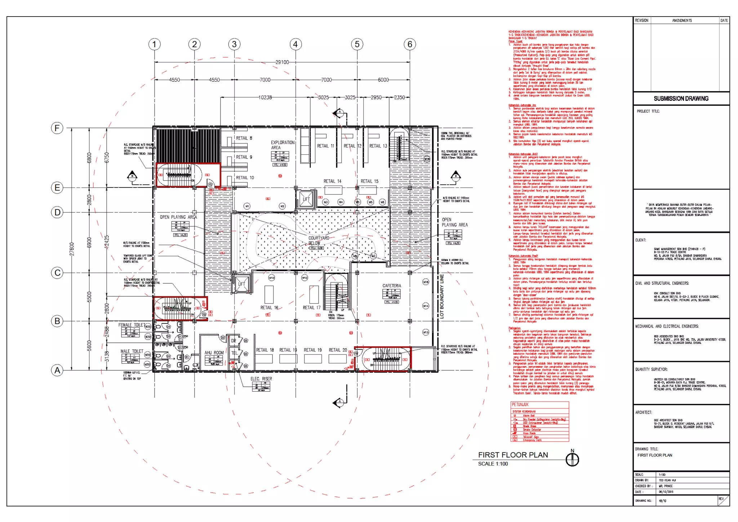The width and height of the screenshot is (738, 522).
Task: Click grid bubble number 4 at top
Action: tap(295, 44)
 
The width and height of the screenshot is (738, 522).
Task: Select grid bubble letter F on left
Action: tap(57, 128)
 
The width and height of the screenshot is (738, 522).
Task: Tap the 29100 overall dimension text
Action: tap(282, 62)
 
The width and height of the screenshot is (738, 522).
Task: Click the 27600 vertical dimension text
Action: tap(71, 249)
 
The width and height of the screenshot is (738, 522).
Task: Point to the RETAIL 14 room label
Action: tap(332, 181)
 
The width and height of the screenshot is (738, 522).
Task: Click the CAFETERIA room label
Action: tap(392, 286)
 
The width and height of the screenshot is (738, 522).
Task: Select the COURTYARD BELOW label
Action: tap(319, 240)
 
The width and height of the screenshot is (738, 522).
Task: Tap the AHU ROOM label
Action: tap(214, 353)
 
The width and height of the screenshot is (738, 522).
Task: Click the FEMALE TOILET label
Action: tap(132, 325)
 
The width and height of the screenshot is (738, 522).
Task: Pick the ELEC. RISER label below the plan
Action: tap(261, 379)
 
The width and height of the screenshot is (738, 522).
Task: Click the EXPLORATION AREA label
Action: tap(283, 145)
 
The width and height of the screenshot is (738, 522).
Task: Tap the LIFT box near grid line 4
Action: tap(306, 199)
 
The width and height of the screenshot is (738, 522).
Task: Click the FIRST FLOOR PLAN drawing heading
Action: tap(513, 455)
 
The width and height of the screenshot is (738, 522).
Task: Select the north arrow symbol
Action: tap(572, 459)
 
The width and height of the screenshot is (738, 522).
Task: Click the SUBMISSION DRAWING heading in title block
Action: tap(681, 98)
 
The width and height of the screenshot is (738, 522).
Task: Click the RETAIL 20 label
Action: tap(338, 350)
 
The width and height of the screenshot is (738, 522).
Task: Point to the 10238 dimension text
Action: tap(265, 97)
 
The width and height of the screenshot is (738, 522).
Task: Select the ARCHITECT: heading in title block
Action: tap(643, 412)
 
